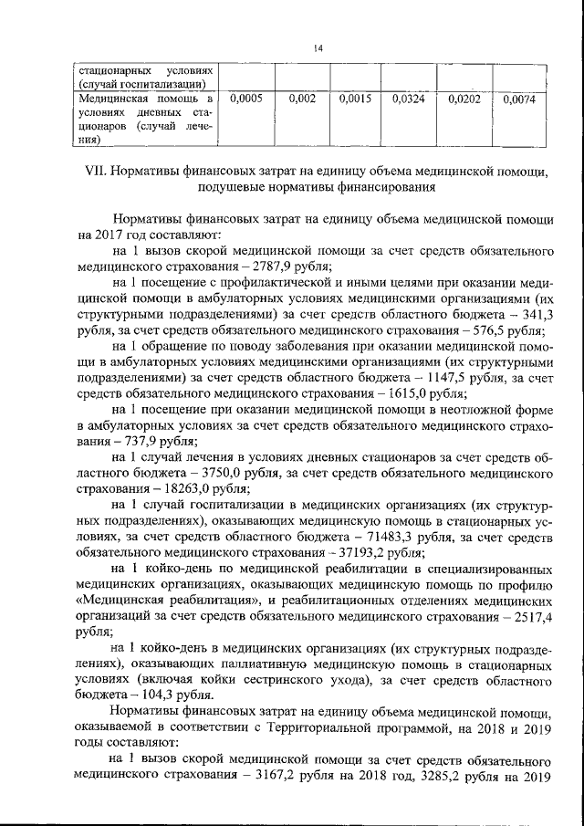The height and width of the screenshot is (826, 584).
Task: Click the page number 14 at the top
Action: click(291, 47)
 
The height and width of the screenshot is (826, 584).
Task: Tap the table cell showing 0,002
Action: click(301, 99)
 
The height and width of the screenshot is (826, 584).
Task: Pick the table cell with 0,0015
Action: click(353, 99)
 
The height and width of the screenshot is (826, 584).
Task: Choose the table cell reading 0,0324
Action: click(408, 99)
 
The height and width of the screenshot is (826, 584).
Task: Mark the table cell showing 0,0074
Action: click(518, 99)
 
